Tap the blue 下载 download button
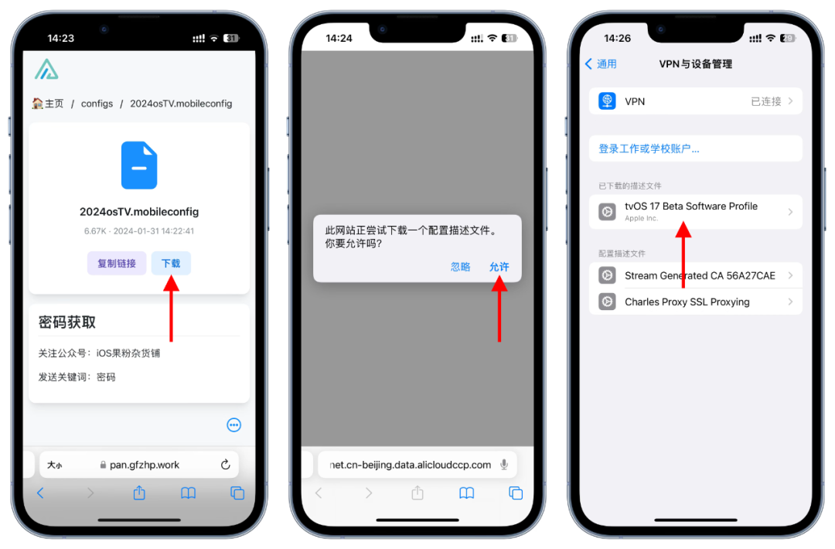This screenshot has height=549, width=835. click(171, 263)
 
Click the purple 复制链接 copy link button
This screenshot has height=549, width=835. click(117, 263)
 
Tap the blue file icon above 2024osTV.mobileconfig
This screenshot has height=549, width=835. click(139, 165)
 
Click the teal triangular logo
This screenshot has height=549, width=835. click(46, 70)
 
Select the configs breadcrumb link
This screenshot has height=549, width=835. click(97, 104)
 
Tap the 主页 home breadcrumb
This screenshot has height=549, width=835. click(48, 104)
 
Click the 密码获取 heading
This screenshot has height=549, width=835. click(67, 322)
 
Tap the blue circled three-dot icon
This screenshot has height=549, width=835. click(233, 425)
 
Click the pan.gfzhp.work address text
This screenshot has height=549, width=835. click(145, 465)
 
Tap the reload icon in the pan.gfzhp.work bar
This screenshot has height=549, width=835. click(226, 465)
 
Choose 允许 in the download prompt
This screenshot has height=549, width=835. click(499, 267)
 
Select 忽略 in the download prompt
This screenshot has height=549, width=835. click(461, 267)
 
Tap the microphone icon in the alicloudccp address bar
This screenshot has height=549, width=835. click(504, 465)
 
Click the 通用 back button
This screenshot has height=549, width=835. click(602, 64)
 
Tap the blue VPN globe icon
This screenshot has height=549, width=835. click(607, 101)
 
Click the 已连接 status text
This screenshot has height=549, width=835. click(765, 101)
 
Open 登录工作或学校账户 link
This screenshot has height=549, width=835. click(649, 148)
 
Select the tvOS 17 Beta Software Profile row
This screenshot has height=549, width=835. click(696, 212)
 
